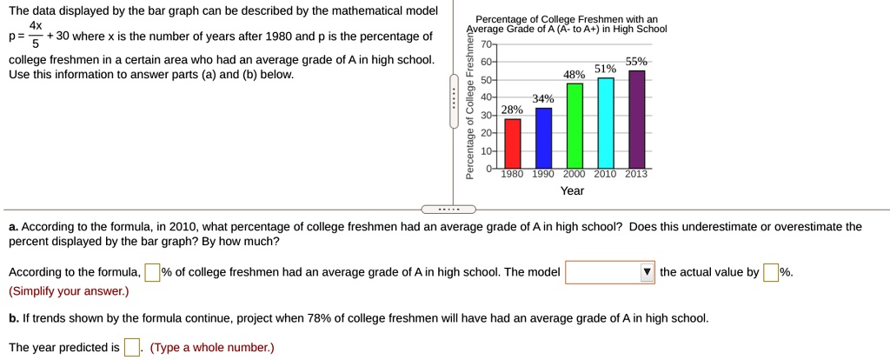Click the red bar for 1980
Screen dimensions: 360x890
click(513, 143)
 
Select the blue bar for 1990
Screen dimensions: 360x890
click(543, 137)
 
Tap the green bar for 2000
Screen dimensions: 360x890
click(575, 125)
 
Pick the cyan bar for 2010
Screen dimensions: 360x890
click(606, 123)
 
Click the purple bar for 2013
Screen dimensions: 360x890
click(637, 119)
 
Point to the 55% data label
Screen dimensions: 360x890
click(637, 63)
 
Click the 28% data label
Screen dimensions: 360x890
click(513, 110)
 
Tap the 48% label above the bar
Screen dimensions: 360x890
click(575, 76)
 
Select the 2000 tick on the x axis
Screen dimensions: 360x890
click(575, 174)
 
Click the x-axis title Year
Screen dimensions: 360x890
click(572, 190)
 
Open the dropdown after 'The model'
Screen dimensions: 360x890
click(609, 272)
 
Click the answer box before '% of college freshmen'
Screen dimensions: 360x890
click(152, 272)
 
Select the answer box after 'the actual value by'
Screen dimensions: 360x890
click(771, 272)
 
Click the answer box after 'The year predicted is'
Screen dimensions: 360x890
click(132, 348)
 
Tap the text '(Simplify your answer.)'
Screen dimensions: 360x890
click(69, 290)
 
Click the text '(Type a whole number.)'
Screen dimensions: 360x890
click(212, 348)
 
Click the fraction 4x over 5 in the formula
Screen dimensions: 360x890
click(36, 36)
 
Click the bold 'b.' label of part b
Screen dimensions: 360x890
click(14, 318)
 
